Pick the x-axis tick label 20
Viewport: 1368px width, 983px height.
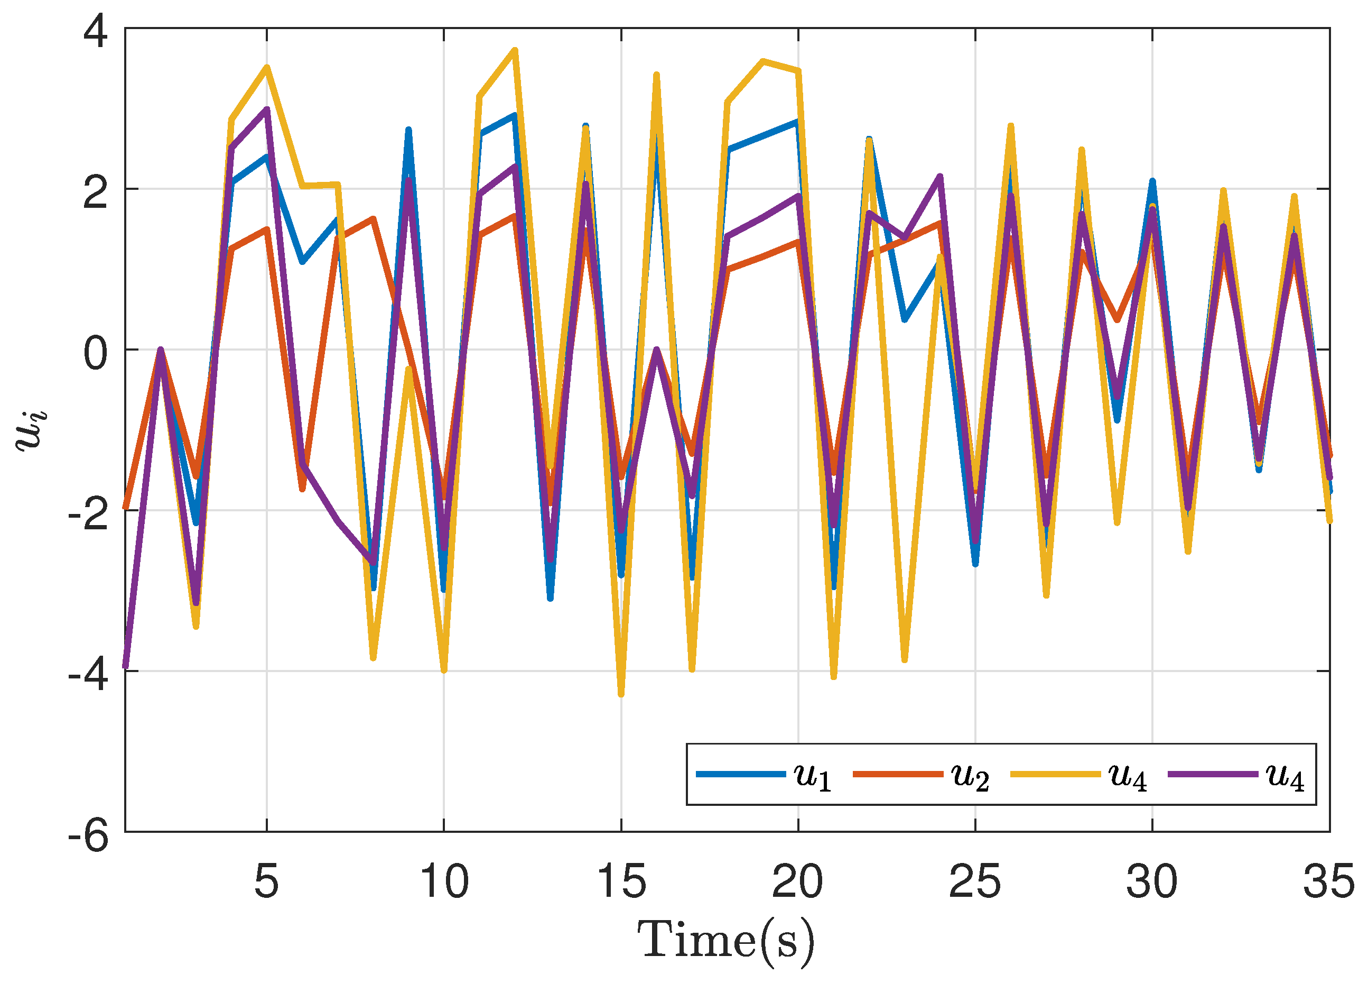coord(797,881)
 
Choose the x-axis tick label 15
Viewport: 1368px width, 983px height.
coord(621,881)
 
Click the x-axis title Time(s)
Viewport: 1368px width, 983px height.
coord(725,940)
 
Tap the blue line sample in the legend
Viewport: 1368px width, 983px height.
coord(740,774)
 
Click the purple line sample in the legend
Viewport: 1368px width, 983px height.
coord(1212,774)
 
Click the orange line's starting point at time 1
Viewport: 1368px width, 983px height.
coord(125,507)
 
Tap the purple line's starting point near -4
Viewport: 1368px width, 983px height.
coord(125,666)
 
